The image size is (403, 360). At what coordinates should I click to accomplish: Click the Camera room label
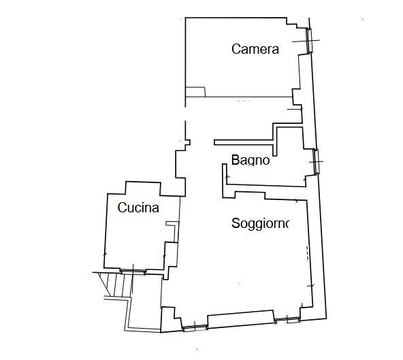coord(255,49)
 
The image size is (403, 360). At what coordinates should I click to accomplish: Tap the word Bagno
coord(251,161)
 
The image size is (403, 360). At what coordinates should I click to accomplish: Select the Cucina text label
coord(138,208)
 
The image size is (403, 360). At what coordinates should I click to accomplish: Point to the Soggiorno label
coord(261,223)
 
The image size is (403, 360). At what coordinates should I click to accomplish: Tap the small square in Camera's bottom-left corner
coord(195,91)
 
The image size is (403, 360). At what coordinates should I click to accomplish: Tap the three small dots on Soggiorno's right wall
coord(308,253)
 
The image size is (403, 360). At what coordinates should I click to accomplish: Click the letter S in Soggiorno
coord(235,224)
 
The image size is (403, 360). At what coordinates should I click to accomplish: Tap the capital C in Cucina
coord(122,208)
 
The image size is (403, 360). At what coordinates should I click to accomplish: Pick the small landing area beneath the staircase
coord(146,316)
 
